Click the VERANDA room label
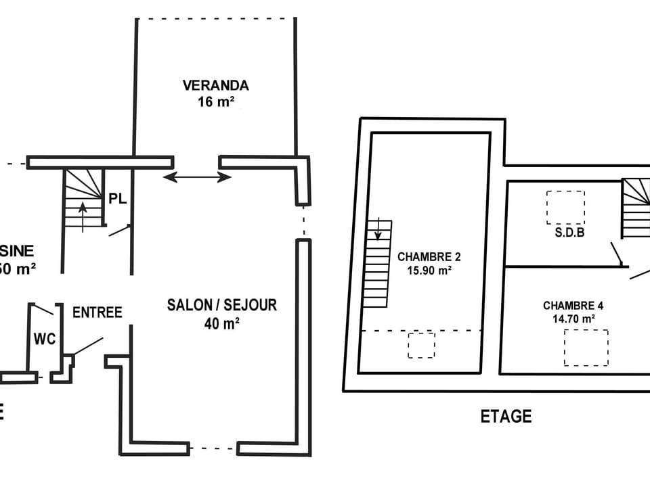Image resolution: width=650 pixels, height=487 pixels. pos(215,86)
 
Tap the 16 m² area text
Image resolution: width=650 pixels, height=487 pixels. pos(216,102)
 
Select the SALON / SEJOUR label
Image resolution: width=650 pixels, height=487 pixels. pos(222,305)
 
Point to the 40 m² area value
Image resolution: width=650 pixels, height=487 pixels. pos(222,323)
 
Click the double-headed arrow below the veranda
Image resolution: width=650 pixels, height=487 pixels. pos(198,177)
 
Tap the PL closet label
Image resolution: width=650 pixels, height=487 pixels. pos(118,199)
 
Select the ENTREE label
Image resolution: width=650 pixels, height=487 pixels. pos(97,312)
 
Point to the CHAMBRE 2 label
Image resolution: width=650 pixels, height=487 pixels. pos(429,257)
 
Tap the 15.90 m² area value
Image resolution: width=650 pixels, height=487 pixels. pos(429,271)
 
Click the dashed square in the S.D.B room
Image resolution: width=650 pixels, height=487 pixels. pos(565,207)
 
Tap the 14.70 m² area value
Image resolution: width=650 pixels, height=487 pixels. pos(569,319)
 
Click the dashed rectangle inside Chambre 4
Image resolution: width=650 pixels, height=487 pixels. pos(586,348)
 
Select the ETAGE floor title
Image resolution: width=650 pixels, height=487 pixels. pos(506,417)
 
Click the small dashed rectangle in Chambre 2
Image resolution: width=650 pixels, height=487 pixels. pos(421,345)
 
